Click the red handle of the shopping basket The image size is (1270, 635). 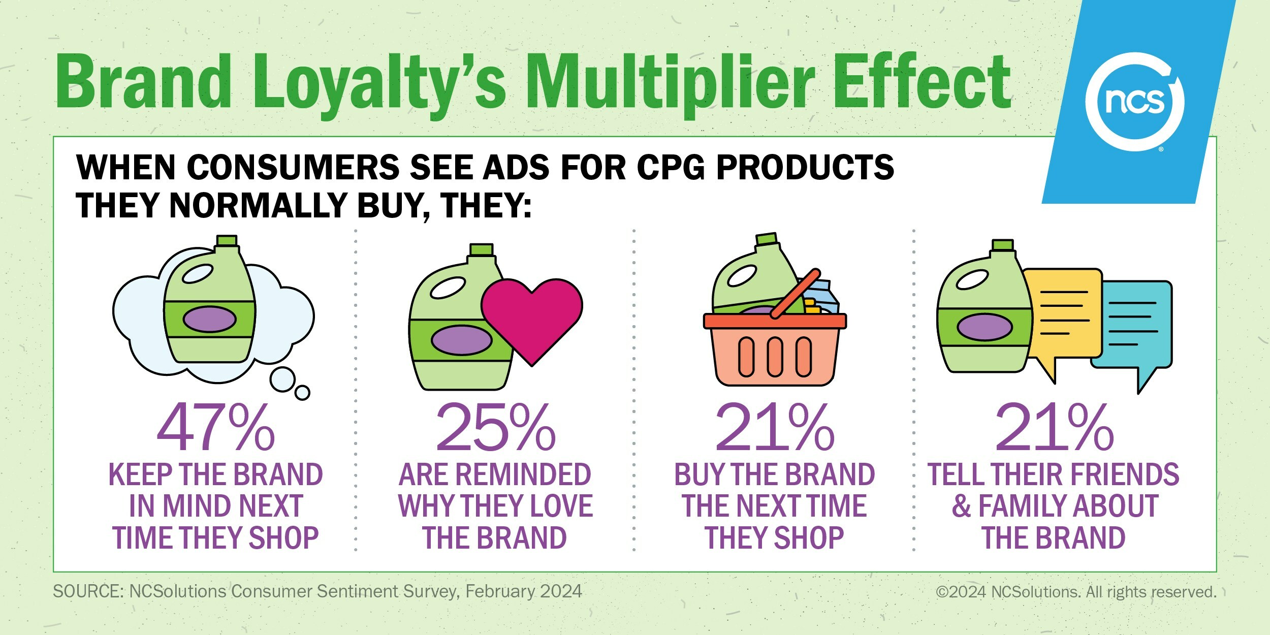tap(795, 294)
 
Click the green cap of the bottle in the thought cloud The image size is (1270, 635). tap(227, 241)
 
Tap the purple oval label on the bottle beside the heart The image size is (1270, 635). tap(461, 340)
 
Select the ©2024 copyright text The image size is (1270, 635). tap(1076, 592)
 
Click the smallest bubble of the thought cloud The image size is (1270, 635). tap(302, 393)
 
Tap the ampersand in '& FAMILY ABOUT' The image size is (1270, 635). tap(962, 506)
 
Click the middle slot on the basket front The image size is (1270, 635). tap(775, 357)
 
